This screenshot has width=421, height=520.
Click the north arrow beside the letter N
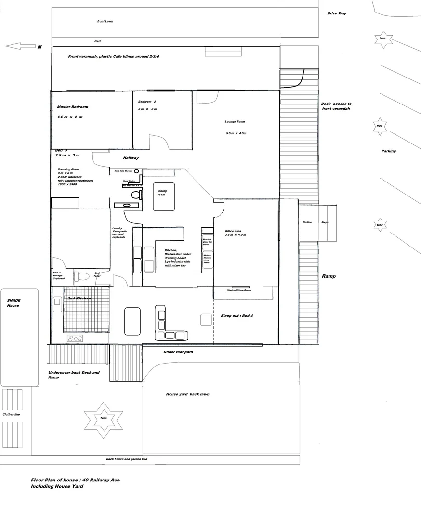[20, 46]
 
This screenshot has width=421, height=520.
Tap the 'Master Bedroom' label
[73, 107]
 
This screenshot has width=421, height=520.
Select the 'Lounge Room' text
[235, 122]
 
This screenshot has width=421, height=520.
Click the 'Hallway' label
[131, 158]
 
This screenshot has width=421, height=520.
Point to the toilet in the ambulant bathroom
[135, 195]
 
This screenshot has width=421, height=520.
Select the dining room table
[164, 196]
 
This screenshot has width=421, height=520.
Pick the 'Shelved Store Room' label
[239, 290]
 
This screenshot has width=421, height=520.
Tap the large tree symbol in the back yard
[103, 418]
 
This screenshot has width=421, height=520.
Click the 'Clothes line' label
[11, 414]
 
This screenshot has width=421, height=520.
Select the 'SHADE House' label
[13, 303]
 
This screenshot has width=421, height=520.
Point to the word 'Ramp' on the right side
[329, 276]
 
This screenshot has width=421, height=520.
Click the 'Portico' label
[307, 222]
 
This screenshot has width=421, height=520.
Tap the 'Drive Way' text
[337, 13]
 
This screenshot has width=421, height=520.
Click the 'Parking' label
[388, 151]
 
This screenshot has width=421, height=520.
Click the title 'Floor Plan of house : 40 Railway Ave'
[75, 480]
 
